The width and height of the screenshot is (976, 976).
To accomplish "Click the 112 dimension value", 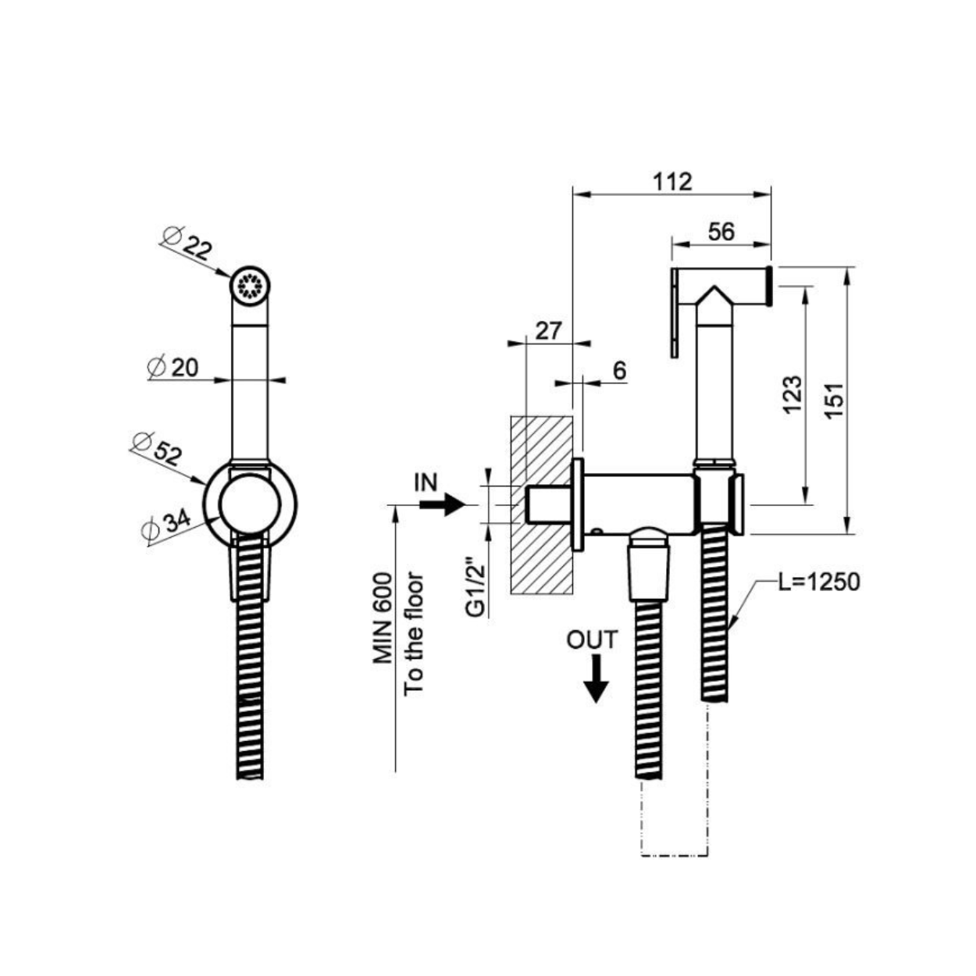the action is click(x=671, y=182).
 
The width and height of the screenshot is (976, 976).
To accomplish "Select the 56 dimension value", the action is click(x=721, y=231).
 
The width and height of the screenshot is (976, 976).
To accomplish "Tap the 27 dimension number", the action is click(x=549, y=331).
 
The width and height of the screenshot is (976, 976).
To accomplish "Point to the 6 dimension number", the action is click(x=619, y=371).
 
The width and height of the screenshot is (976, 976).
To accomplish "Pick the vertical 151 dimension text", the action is click(x=835, y=400).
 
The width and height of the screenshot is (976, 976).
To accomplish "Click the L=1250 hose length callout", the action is click(x=819, y=582).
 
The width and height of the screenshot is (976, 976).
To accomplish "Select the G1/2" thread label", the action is click(x=476, y=587).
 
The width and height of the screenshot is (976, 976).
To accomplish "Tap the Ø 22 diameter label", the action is click(x=187, y=243).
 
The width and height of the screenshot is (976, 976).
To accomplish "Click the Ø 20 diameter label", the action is click(x=173, y=369).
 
